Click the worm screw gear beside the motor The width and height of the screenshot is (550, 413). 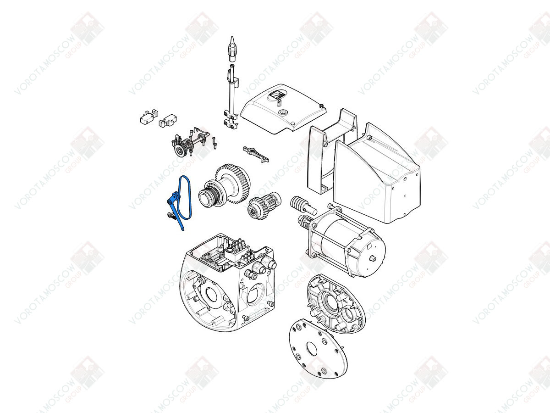tap(297, 204)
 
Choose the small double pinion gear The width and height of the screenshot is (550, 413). tap(263, 204)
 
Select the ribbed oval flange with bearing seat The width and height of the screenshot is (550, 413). tap(336, 304)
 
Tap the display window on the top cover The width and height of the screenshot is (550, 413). tap(277, 95)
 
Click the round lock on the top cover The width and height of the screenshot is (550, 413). tap(283, 112)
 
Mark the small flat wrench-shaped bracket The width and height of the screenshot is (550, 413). tap(256, 154)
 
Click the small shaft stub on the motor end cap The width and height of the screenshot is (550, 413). tap(373, 258)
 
